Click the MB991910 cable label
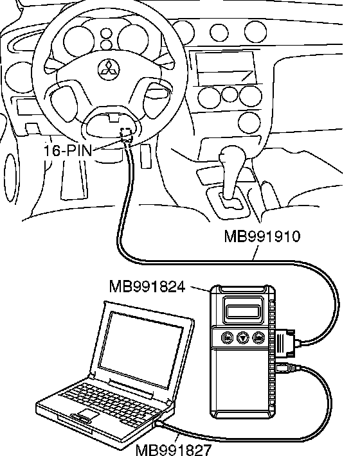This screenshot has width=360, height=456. click(262, 236)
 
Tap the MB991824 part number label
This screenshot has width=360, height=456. click(147, 286)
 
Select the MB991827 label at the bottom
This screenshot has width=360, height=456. click(174, 450)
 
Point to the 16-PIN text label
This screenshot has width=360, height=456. click(67, 150)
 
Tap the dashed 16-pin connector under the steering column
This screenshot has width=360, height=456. click(126, 133)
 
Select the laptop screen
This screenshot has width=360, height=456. click(141, 348)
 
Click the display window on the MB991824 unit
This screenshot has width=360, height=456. click(243, 311)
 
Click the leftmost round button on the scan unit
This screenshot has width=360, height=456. click(228, 338)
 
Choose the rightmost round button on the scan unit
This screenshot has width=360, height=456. click(258, 338)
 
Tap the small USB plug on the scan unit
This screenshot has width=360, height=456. click(285, 368)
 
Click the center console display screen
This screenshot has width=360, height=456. click(226, 67)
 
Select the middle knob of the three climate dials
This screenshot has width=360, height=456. click(230, 95)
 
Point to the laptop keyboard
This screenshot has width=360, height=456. click(111, 403)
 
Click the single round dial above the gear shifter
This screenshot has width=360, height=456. click(249, 122)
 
